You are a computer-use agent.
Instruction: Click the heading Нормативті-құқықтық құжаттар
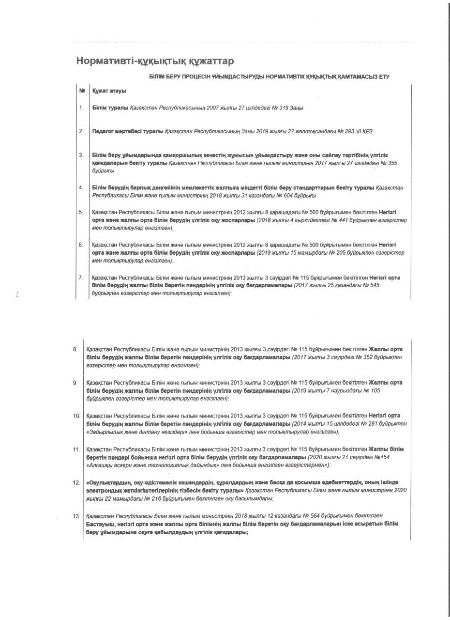pos(155,61)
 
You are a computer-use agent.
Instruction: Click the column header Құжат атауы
pos(109,91)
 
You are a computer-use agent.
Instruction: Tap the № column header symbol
pos(82,91)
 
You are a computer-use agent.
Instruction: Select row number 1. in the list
pos(81,108)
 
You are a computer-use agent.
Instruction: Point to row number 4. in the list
pos(81,187)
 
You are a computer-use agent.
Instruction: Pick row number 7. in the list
pos(81,278)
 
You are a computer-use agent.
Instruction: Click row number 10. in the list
pos(76,416)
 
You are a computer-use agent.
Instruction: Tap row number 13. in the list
pos(76,516)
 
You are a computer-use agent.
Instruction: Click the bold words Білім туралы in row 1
pos(110,108)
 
